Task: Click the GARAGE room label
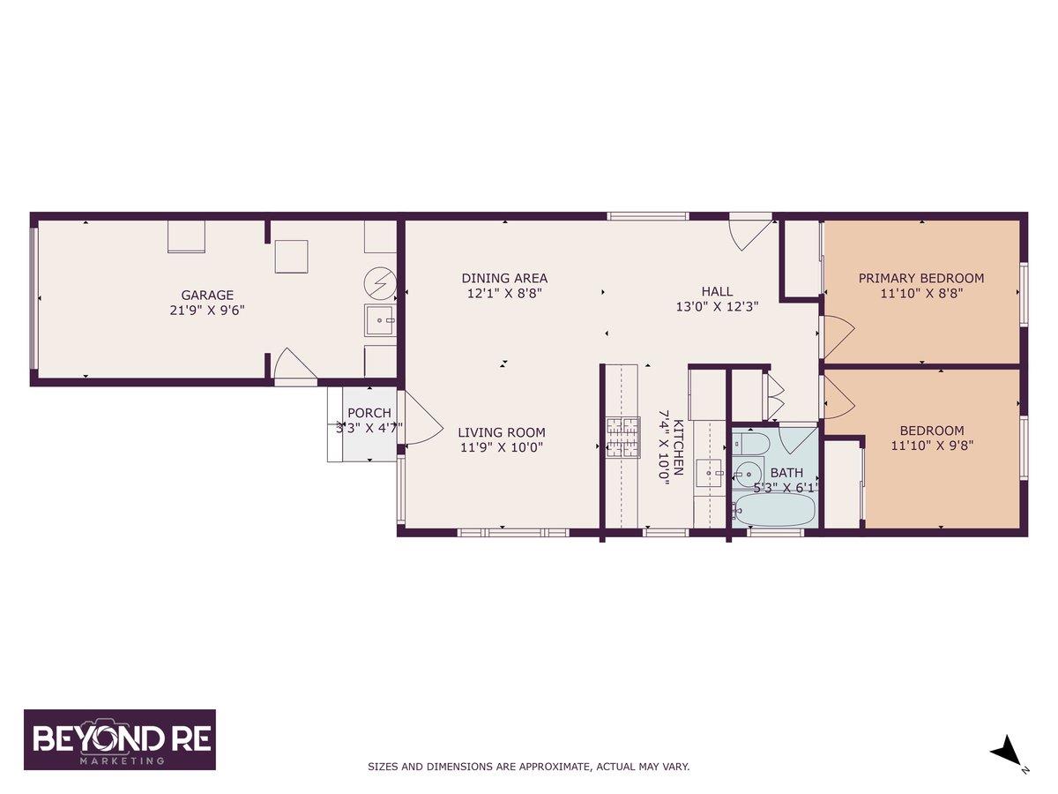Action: [x=207, y=295]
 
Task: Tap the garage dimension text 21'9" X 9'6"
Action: [x=207, y=310]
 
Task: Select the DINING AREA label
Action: [x=504, y=278]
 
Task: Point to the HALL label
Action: [x=717, y=291]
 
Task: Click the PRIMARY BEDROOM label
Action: [x=921, y=278]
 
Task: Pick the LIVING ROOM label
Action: [x=502, y=432]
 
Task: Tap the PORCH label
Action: [x=369, y=413]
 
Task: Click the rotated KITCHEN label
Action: [x=678, y=447]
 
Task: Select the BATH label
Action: [x=786, y=473]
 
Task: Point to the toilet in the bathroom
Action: [x=749, y=444]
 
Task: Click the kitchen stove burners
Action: [x=623, y=438]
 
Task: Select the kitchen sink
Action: [x=710, y=474]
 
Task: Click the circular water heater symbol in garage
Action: [x=380, y=283]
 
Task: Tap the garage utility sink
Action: [x=380, y=320]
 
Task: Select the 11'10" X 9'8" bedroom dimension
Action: [x=932, y=446]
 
